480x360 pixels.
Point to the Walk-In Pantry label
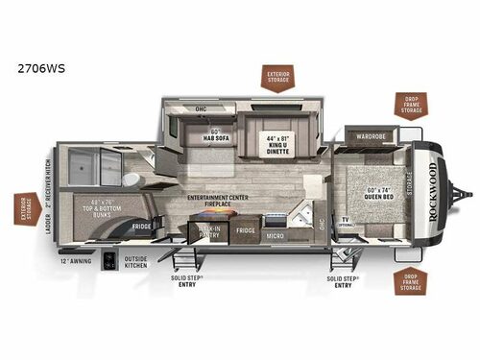tap(209, 230)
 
